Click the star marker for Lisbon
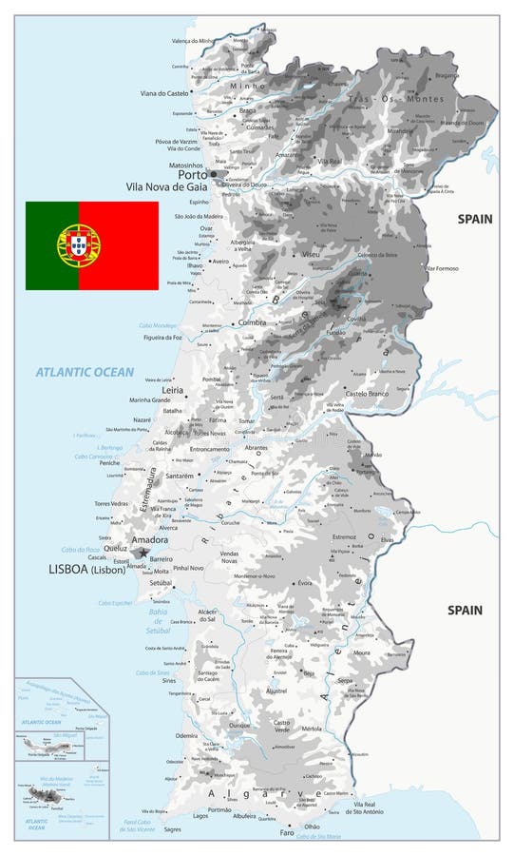point(143,553)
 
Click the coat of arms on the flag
point(79,244)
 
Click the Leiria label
point(173,390)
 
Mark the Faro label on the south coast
point(287,832)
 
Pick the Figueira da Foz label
point(162,337)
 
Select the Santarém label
point(180,476)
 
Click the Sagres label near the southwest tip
point(172,829)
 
